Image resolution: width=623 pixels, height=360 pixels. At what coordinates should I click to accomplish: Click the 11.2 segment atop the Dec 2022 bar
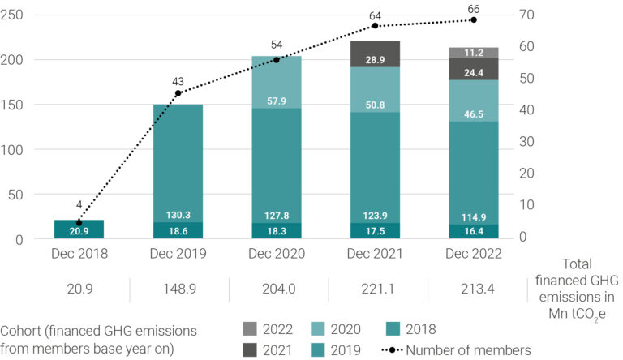coord(474,53)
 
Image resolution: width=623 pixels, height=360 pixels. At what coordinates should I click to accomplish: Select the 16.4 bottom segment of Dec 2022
coord(474,231)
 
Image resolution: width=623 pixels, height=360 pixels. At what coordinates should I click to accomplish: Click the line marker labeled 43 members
coord(178,93)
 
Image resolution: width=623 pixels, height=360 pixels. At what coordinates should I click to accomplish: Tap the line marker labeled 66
coord(474,19)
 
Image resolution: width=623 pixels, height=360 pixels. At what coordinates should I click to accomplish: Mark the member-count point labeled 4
coord(79,223)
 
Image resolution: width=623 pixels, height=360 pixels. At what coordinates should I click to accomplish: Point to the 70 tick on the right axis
coord(526,15)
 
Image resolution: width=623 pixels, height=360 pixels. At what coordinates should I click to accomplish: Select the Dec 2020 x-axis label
coord(277,254)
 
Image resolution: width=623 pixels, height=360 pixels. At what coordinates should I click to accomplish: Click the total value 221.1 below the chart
coord(376,289)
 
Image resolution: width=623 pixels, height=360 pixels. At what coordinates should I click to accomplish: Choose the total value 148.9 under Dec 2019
coord(178,289)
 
